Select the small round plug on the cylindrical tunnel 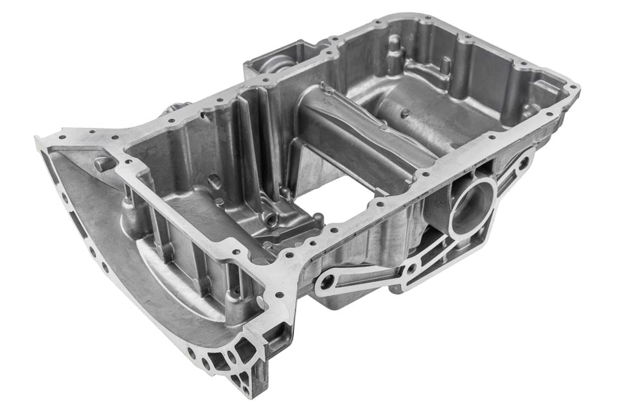405,114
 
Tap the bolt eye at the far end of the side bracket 524,161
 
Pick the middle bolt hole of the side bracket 411,269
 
